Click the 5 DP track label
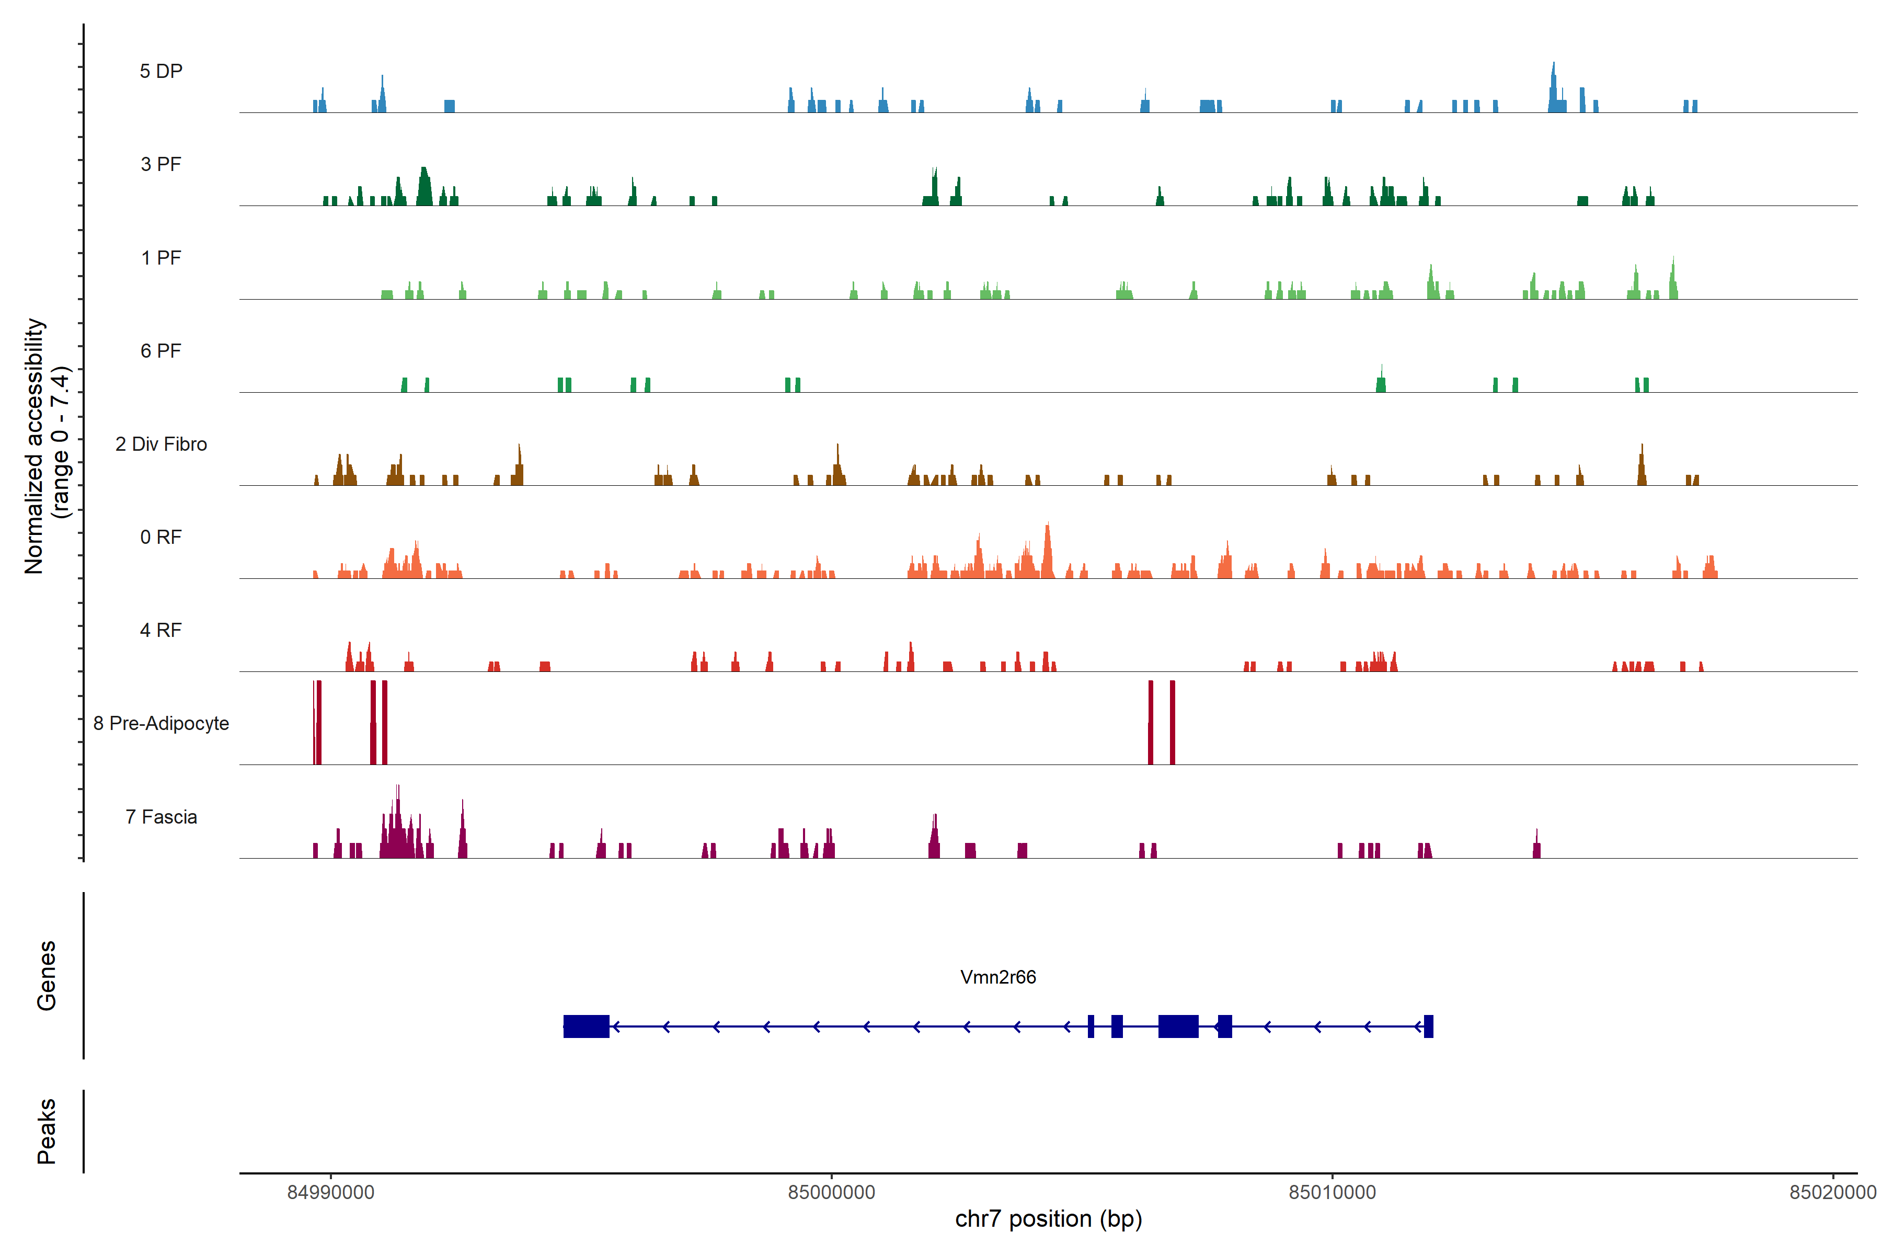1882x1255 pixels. [x=161, y=71]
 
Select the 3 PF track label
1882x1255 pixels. [x=161, y=164]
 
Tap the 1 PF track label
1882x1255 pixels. [x=161, y=258]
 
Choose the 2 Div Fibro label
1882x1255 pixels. [x=161, y=444]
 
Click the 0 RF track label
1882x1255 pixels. [x=161, y=537]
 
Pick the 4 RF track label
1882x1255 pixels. [x=161, y=630]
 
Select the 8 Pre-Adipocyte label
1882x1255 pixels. [x=161, y=724]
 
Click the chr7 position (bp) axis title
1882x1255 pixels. [x=1048, y=1219]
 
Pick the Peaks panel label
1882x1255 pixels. [x=47, y=1131]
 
